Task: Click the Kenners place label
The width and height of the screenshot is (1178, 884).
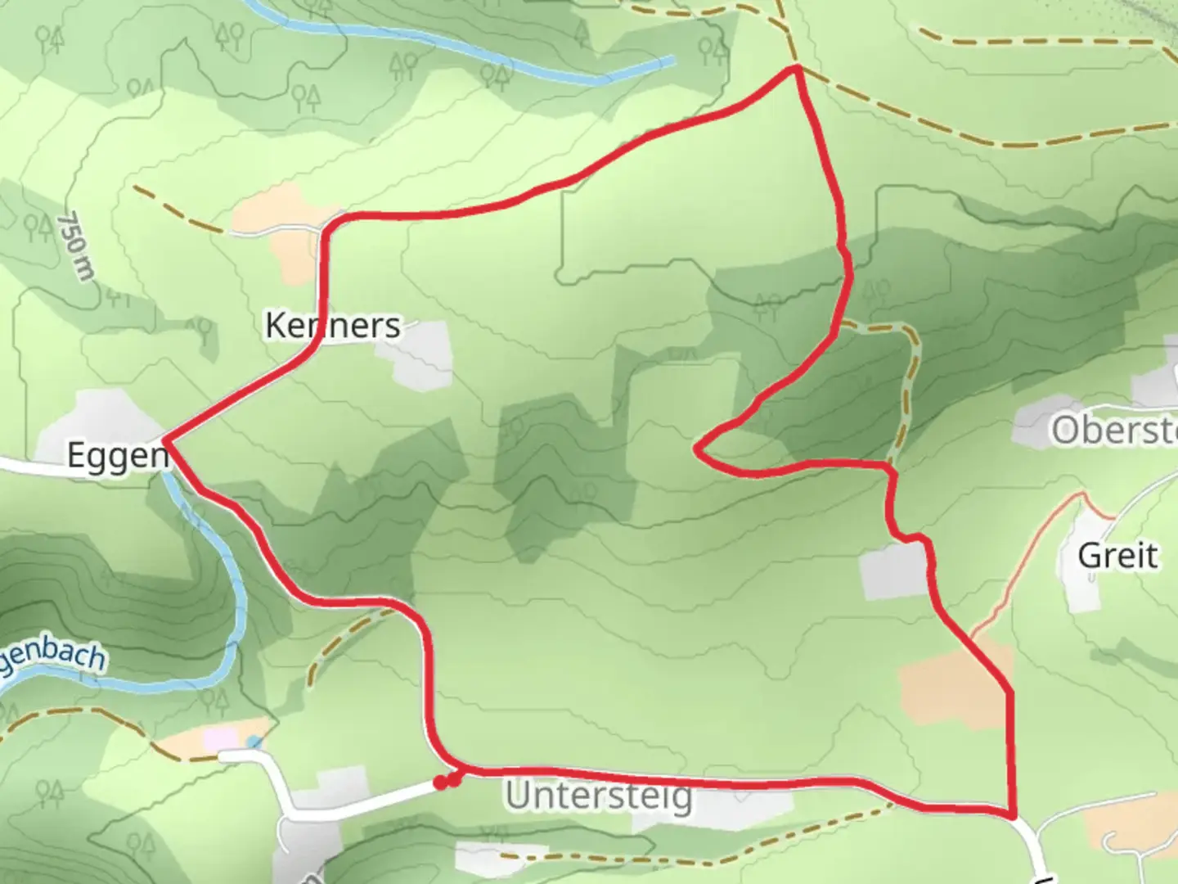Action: coord(333,326)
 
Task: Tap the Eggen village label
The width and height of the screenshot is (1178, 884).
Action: coord(117,455)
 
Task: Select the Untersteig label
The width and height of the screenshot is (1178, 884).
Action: coord(599,796)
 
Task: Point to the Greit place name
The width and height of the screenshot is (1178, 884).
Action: coord(1117,557)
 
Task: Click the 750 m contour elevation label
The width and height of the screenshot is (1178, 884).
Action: coord(76,246)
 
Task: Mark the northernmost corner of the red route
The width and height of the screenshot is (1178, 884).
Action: coord(794,70)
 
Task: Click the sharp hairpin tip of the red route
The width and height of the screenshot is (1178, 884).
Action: coord(697,449)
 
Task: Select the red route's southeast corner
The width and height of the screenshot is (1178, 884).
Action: coord(1013,815)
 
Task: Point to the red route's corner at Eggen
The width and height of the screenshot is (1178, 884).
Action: coord(167,440)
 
